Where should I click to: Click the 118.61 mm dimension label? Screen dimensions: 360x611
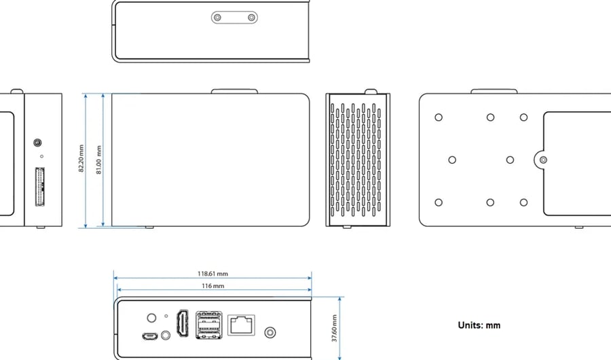pyautogui.click(x=212, y=274)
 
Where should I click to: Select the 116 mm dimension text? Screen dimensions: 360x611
pyautogui.click(x=212, y=286)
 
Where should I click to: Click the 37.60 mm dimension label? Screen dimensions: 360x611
pyautogui.click(x=333, y=327)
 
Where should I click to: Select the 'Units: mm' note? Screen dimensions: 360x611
pyautogui.click(x=479, y=325)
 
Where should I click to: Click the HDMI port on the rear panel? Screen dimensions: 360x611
pyautogui.click(x=182, y=324)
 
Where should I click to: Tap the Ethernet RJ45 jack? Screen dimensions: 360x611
pyautogui.click(x=241, y=325)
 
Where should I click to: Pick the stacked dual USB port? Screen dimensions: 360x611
pyautogui.click(x=208, y=324)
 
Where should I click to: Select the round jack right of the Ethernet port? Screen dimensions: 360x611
pyautogui.click(x=271, y=333)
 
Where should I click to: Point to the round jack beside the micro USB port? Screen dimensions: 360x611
pyautogui.click(x=164, y=336)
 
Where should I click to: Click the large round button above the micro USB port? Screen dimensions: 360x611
pyautogui.click(x=152, y=317)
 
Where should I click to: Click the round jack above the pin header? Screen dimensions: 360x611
pyautogui.click(x=38, y=143)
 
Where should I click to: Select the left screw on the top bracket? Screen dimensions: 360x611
pyautogui.click(x=218, y=17)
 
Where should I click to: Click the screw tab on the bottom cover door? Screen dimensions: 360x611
pyautogui.click(x=542, y=160)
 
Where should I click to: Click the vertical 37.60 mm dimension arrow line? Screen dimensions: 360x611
pyautogui.click(x=339, y=327)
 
